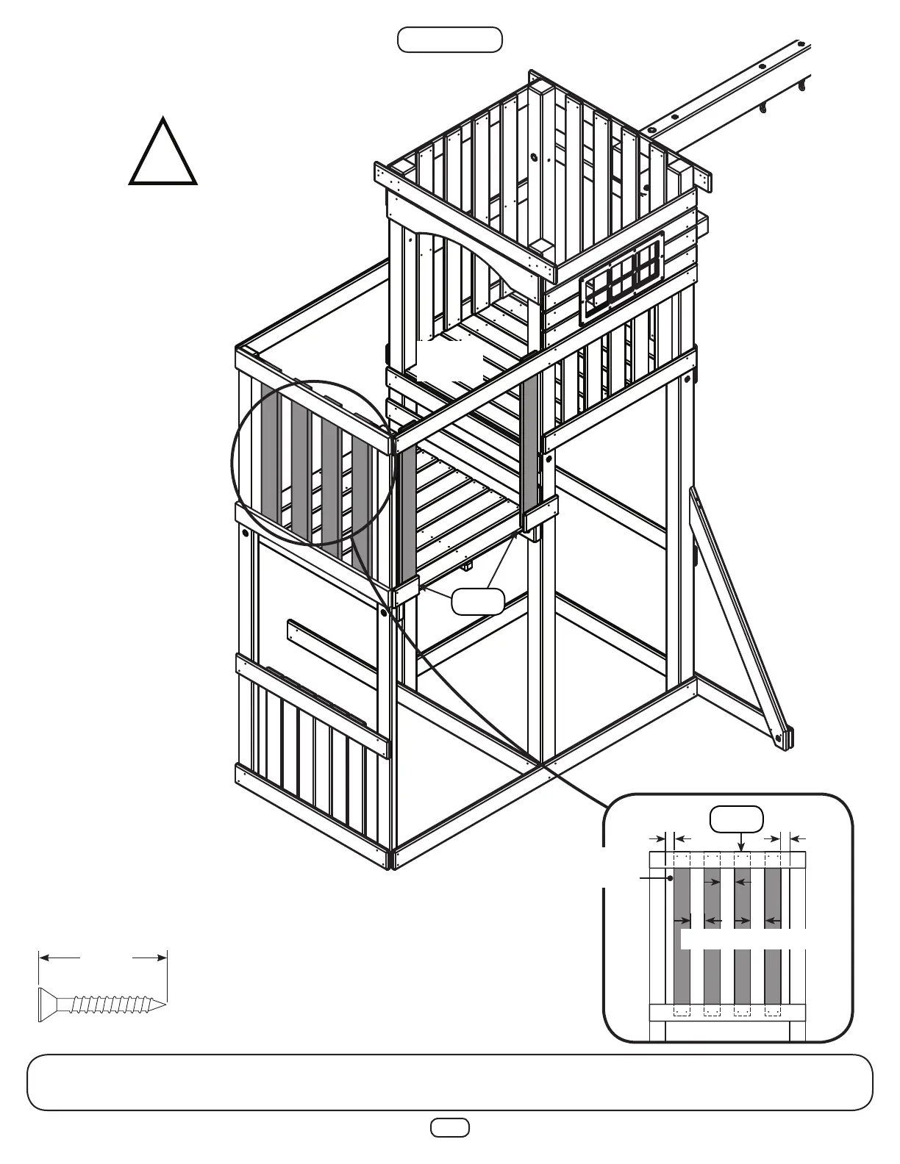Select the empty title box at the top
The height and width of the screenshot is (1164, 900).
pyautogui.click(x=449, y=40)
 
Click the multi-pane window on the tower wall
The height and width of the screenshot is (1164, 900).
pyautogui.click(x=622, y=279)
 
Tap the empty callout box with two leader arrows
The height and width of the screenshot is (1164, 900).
pyautogui.click(x=478, y=601)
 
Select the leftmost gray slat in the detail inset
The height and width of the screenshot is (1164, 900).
pyautogui.click(x=682, y=933)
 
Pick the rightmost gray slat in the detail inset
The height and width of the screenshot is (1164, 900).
pyautogui.click(x=773, y=933)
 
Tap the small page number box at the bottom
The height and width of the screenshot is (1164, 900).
pyautogui.click(x=449, y=1127)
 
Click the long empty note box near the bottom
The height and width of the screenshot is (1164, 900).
pyautogui.click(x=449, y=1082)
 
